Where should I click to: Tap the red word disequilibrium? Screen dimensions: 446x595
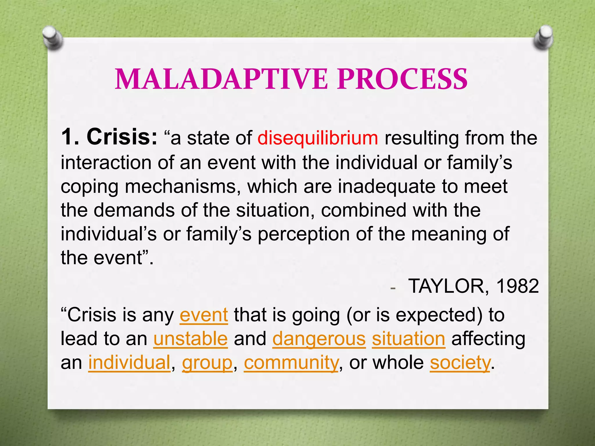[318, 138]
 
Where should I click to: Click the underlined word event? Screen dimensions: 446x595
[204, 315]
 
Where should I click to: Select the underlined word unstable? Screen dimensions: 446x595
[190, 339]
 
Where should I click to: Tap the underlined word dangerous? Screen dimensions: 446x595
[319, 339]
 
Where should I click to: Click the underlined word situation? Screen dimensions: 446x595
[408, 339]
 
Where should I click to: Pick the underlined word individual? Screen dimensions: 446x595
[129, 363]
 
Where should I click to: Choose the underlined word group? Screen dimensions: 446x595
[207, 363]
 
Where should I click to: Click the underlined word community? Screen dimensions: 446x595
[291, 363]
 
